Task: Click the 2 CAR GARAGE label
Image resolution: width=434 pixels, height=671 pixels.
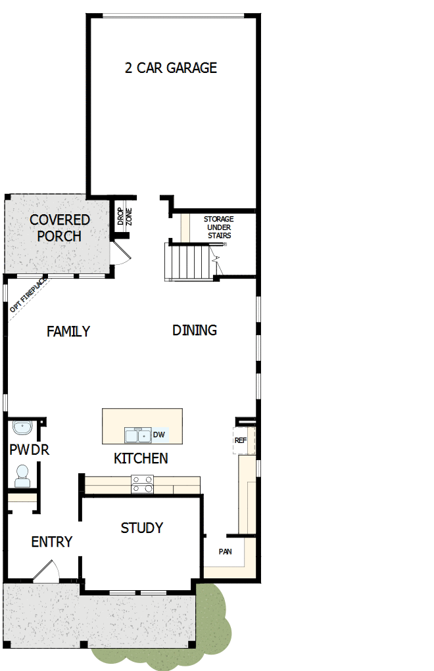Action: tap(171, 68)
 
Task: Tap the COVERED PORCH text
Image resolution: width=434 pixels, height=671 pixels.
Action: tap(59, 227)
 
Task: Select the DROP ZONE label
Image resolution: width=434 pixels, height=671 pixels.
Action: tap(125, 218)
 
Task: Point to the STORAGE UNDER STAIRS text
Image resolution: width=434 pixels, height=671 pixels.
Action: tap(218, 227)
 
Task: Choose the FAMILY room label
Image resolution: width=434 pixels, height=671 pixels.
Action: tap(68, 332)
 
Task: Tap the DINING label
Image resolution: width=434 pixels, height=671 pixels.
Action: tap(195, 330)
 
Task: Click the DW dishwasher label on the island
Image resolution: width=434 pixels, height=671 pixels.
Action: tap(158, 435)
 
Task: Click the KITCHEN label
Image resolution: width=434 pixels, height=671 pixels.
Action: tap(141, 458)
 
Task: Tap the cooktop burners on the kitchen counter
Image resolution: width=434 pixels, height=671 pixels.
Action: tap(142, 484)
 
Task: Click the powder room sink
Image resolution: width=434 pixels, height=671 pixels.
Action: tap(24, 428)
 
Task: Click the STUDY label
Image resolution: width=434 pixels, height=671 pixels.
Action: tap(142, 528)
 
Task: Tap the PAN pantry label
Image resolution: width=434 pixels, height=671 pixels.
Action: tap(225, 552)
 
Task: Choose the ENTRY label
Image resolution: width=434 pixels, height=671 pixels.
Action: tap(52, 542)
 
